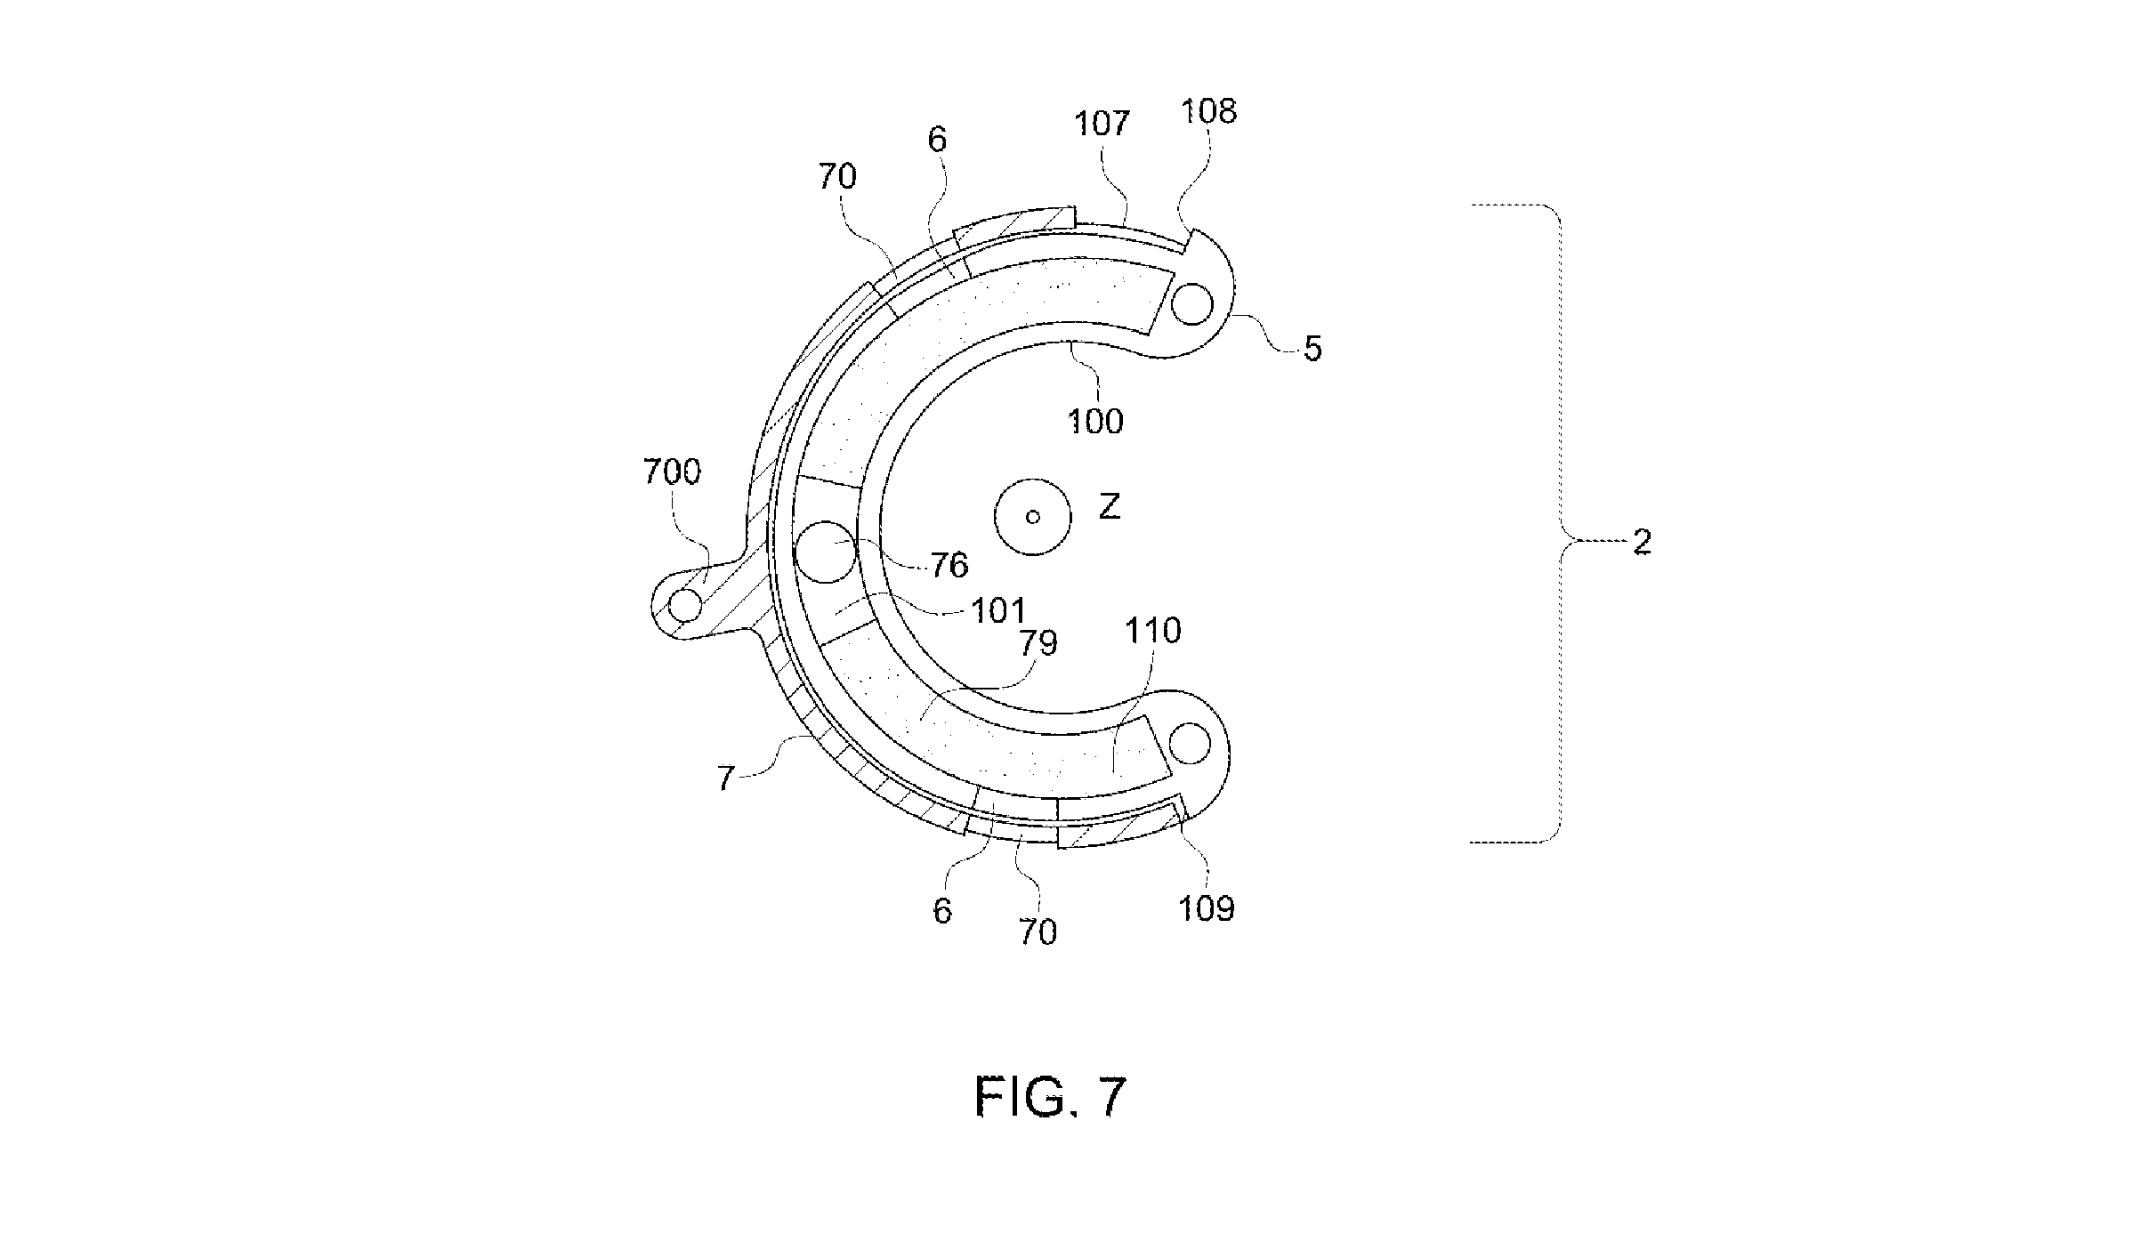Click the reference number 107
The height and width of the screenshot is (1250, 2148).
point(1102,123)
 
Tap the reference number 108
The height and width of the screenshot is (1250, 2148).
point(1208,111)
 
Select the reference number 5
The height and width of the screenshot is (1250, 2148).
point(1312,350)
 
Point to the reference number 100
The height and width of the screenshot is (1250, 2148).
point(1096,421)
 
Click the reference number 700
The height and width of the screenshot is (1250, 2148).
point(672,472)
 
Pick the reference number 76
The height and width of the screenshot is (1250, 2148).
point(949,564)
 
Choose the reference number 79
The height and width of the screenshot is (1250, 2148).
point(1038,642)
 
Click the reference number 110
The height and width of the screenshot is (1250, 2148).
point(1153,631)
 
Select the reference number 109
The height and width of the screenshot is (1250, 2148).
point(1207,908)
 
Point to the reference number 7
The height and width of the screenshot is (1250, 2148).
point(726,779)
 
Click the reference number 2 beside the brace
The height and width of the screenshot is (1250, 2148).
point(1642,543)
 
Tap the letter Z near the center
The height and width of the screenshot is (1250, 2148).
point(1109,508)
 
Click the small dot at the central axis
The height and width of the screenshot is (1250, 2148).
point(1032,516)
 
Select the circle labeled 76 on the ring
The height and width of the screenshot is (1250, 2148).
point(826,552)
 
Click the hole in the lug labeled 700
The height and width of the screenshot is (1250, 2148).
point(685,606)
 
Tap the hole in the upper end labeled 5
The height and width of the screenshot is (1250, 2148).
point(1192,305)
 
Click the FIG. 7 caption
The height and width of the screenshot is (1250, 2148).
point(1051,1097)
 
